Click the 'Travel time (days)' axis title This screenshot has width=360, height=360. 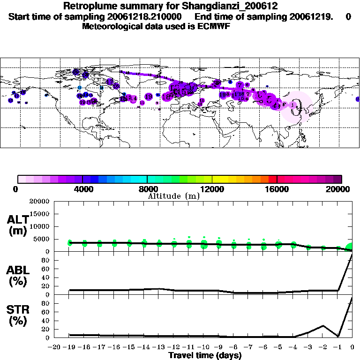click(x=205, y=356)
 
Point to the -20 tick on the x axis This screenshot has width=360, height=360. click(x=55, y=347)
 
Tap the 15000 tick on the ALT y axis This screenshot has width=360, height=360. click(x=39, y=214)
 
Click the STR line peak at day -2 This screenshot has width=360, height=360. click(x=323, y=325)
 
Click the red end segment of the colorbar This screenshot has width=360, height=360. click(x=273, y=179)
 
